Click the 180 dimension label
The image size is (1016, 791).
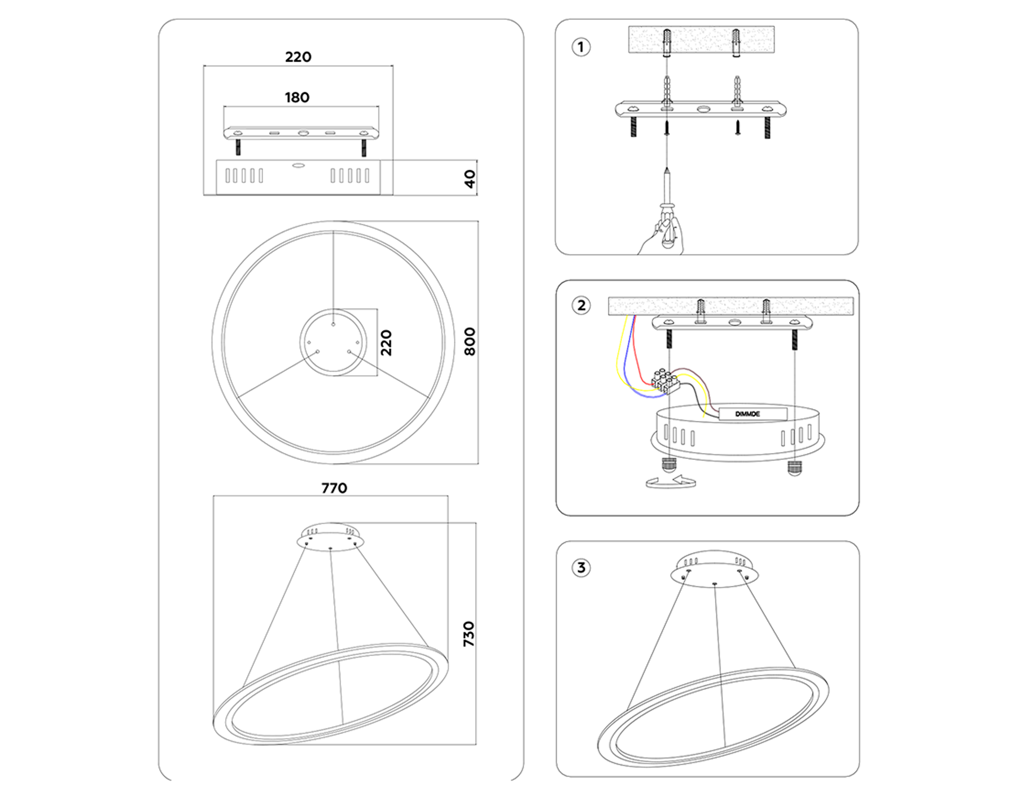(297, 97)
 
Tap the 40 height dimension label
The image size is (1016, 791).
(470, 179)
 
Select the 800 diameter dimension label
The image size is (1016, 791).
(470, 341)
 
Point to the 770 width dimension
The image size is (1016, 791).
(334, 488)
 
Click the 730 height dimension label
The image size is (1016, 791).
(469, 633)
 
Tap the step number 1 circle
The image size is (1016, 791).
(581, 46)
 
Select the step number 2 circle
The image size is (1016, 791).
(581, 306)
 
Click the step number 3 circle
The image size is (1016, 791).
(581, 567)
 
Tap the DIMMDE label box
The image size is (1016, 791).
(749, 414)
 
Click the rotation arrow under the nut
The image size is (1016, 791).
(671, 483)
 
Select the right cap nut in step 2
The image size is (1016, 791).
(794, 468)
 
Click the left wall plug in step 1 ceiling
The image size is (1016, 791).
(667, 42)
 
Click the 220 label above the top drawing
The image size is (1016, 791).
(298, 56)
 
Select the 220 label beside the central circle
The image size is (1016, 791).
(386, 342)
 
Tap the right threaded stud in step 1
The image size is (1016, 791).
(767, 128)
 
